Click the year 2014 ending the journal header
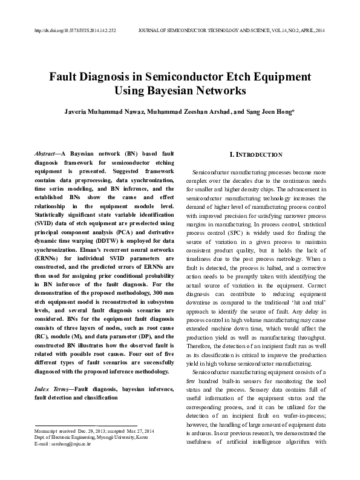pos(319,29)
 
